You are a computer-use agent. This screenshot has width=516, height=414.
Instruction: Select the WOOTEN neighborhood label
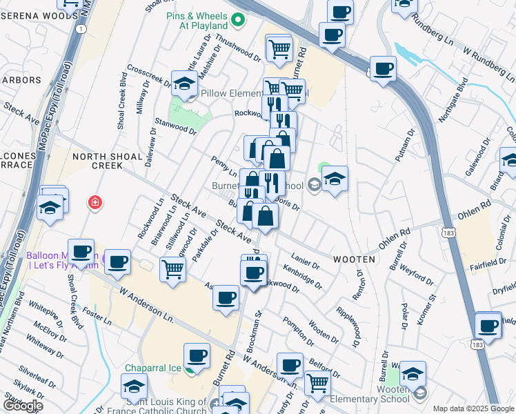click(x=355, y=259)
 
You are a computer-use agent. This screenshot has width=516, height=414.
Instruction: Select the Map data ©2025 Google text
click(x=473, y=408)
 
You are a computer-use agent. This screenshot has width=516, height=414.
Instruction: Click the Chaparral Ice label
click(x=153, y=368)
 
